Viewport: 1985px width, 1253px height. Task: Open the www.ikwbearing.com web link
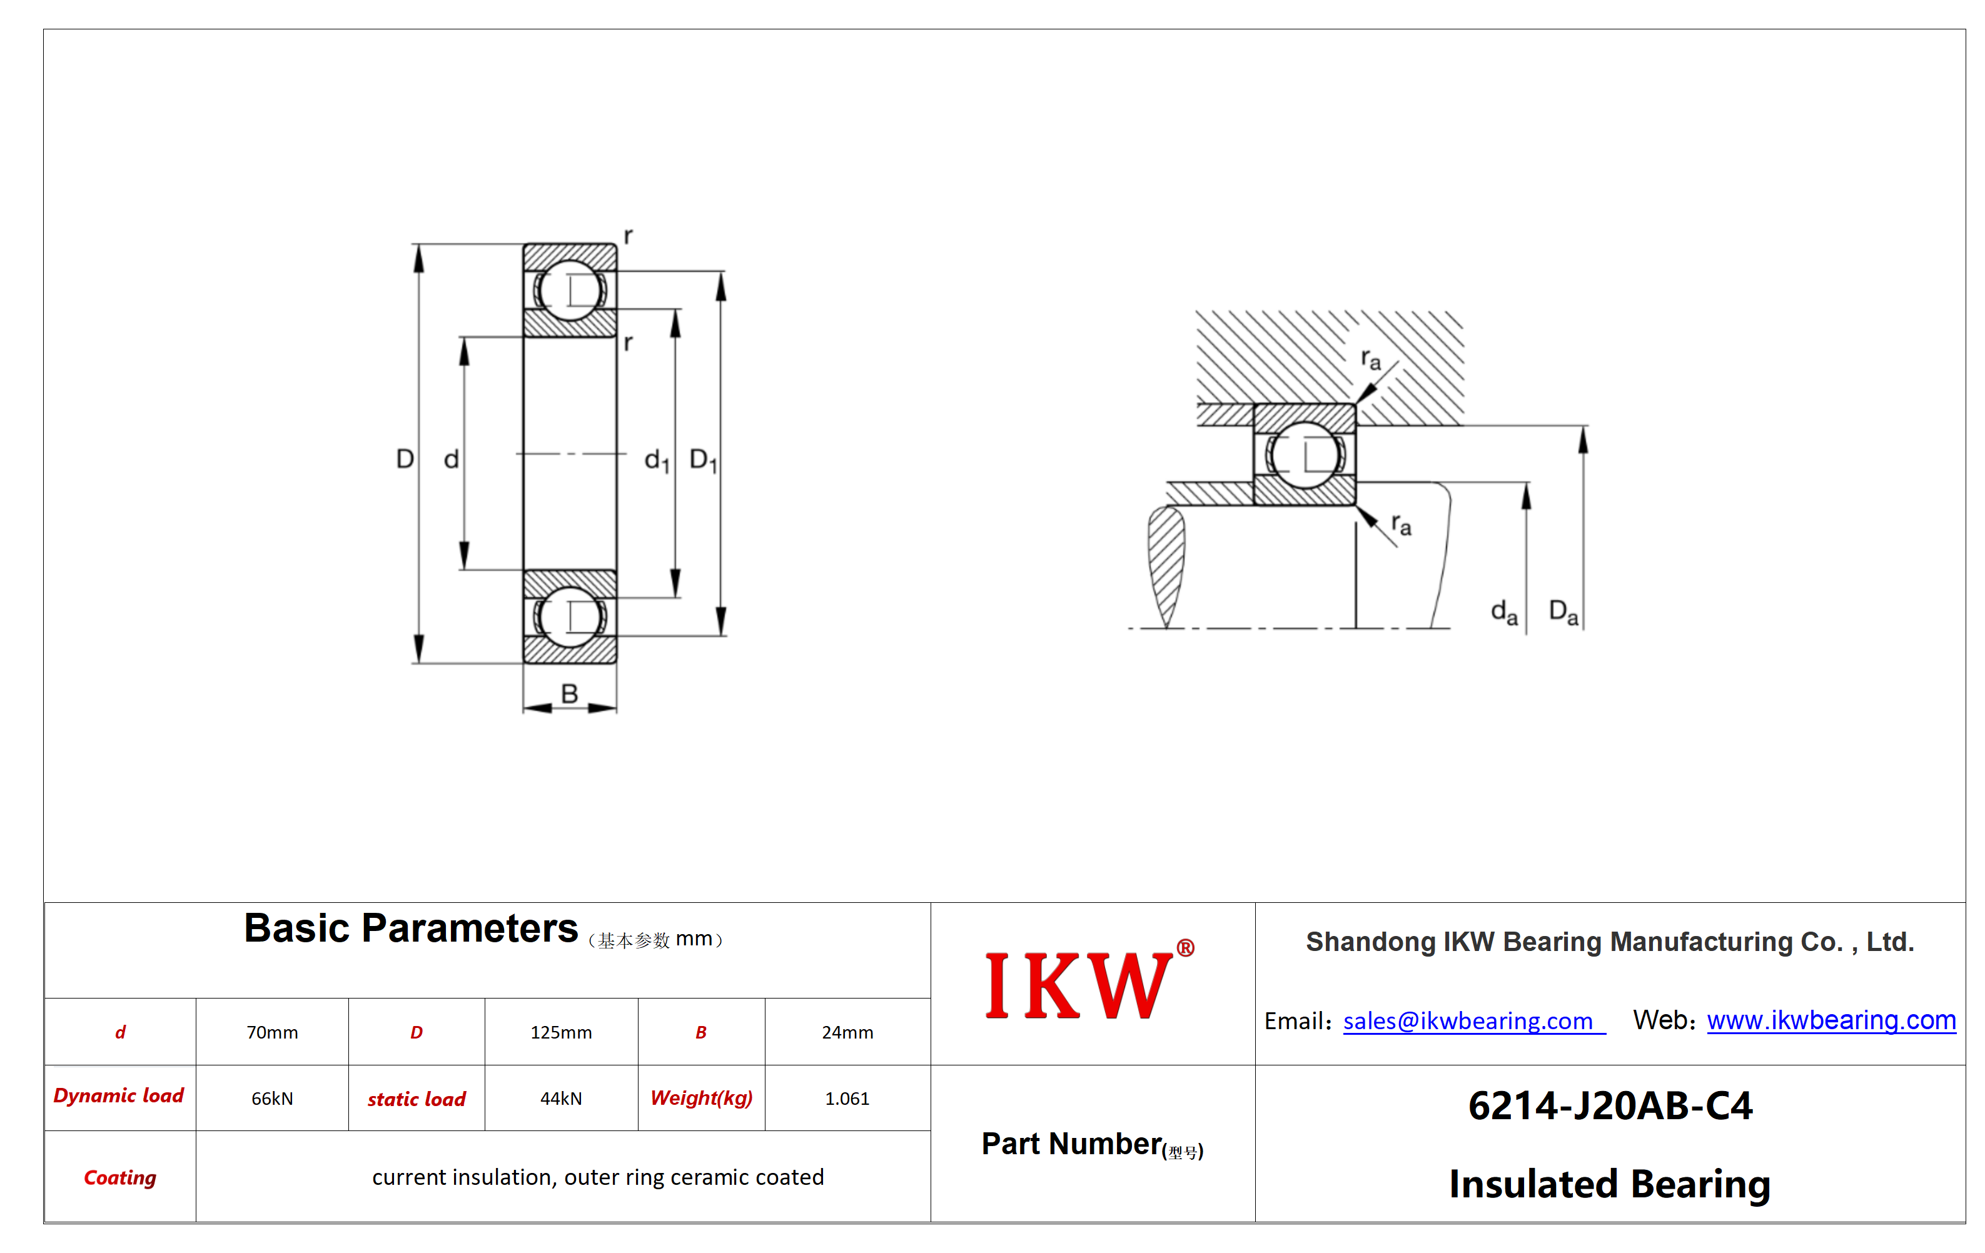coord(1831,1020)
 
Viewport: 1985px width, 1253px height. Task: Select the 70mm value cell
coord(272,1032)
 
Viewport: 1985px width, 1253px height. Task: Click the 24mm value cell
coord(847,1032)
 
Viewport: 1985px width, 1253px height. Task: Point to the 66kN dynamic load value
coord(272,1098)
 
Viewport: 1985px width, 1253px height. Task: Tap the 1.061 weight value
coord(847,1098)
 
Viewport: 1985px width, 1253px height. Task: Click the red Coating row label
coord(120,1177)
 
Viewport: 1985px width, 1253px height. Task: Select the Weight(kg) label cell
coord(702,1098)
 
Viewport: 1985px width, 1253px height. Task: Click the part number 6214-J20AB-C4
coord(1610,1105)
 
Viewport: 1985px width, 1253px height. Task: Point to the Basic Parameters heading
coord(410,928)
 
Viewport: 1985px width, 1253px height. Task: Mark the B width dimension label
coord(570,694)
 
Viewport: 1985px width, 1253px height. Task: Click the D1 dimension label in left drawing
coord(703,460)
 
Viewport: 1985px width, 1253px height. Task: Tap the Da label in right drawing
coord(1563,613)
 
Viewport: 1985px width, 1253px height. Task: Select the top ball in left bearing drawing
coord(570,290)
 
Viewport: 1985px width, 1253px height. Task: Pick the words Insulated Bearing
coord(1610,1185)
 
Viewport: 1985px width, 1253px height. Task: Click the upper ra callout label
coord(1371,359)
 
